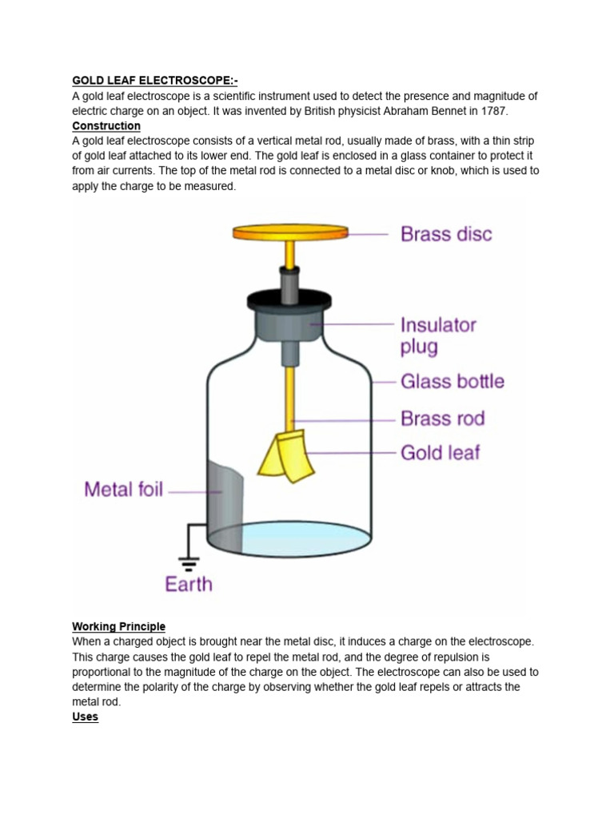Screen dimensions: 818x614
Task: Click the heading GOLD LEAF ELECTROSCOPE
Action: pos(154,81)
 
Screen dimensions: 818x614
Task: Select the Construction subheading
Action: pos(106,126)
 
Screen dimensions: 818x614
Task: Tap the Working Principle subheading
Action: pos(118,626)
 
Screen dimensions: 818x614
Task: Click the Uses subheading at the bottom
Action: pos(85,717)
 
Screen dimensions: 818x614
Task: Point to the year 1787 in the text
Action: pos(493,111)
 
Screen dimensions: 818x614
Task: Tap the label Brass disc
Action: pos(446,234)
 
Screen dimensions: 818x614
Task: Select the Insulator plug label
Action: pos(438,336)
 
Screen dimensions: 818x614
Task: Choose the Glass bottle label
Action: pos(452,382)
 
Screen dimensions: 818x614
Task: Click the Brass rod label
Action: pos(442,419)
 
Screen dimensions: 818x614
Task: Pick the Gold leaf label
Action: pos(440,453)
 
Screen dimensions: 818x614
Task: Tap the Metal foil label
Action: pos(123,488)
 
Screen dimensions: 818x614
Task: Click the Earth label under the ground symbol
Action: pos(189,584)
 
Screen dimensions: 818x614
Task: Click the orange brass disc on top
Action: pos(290,232)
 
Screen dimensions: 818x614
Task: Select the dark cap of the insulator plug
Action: pos(289,300)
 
